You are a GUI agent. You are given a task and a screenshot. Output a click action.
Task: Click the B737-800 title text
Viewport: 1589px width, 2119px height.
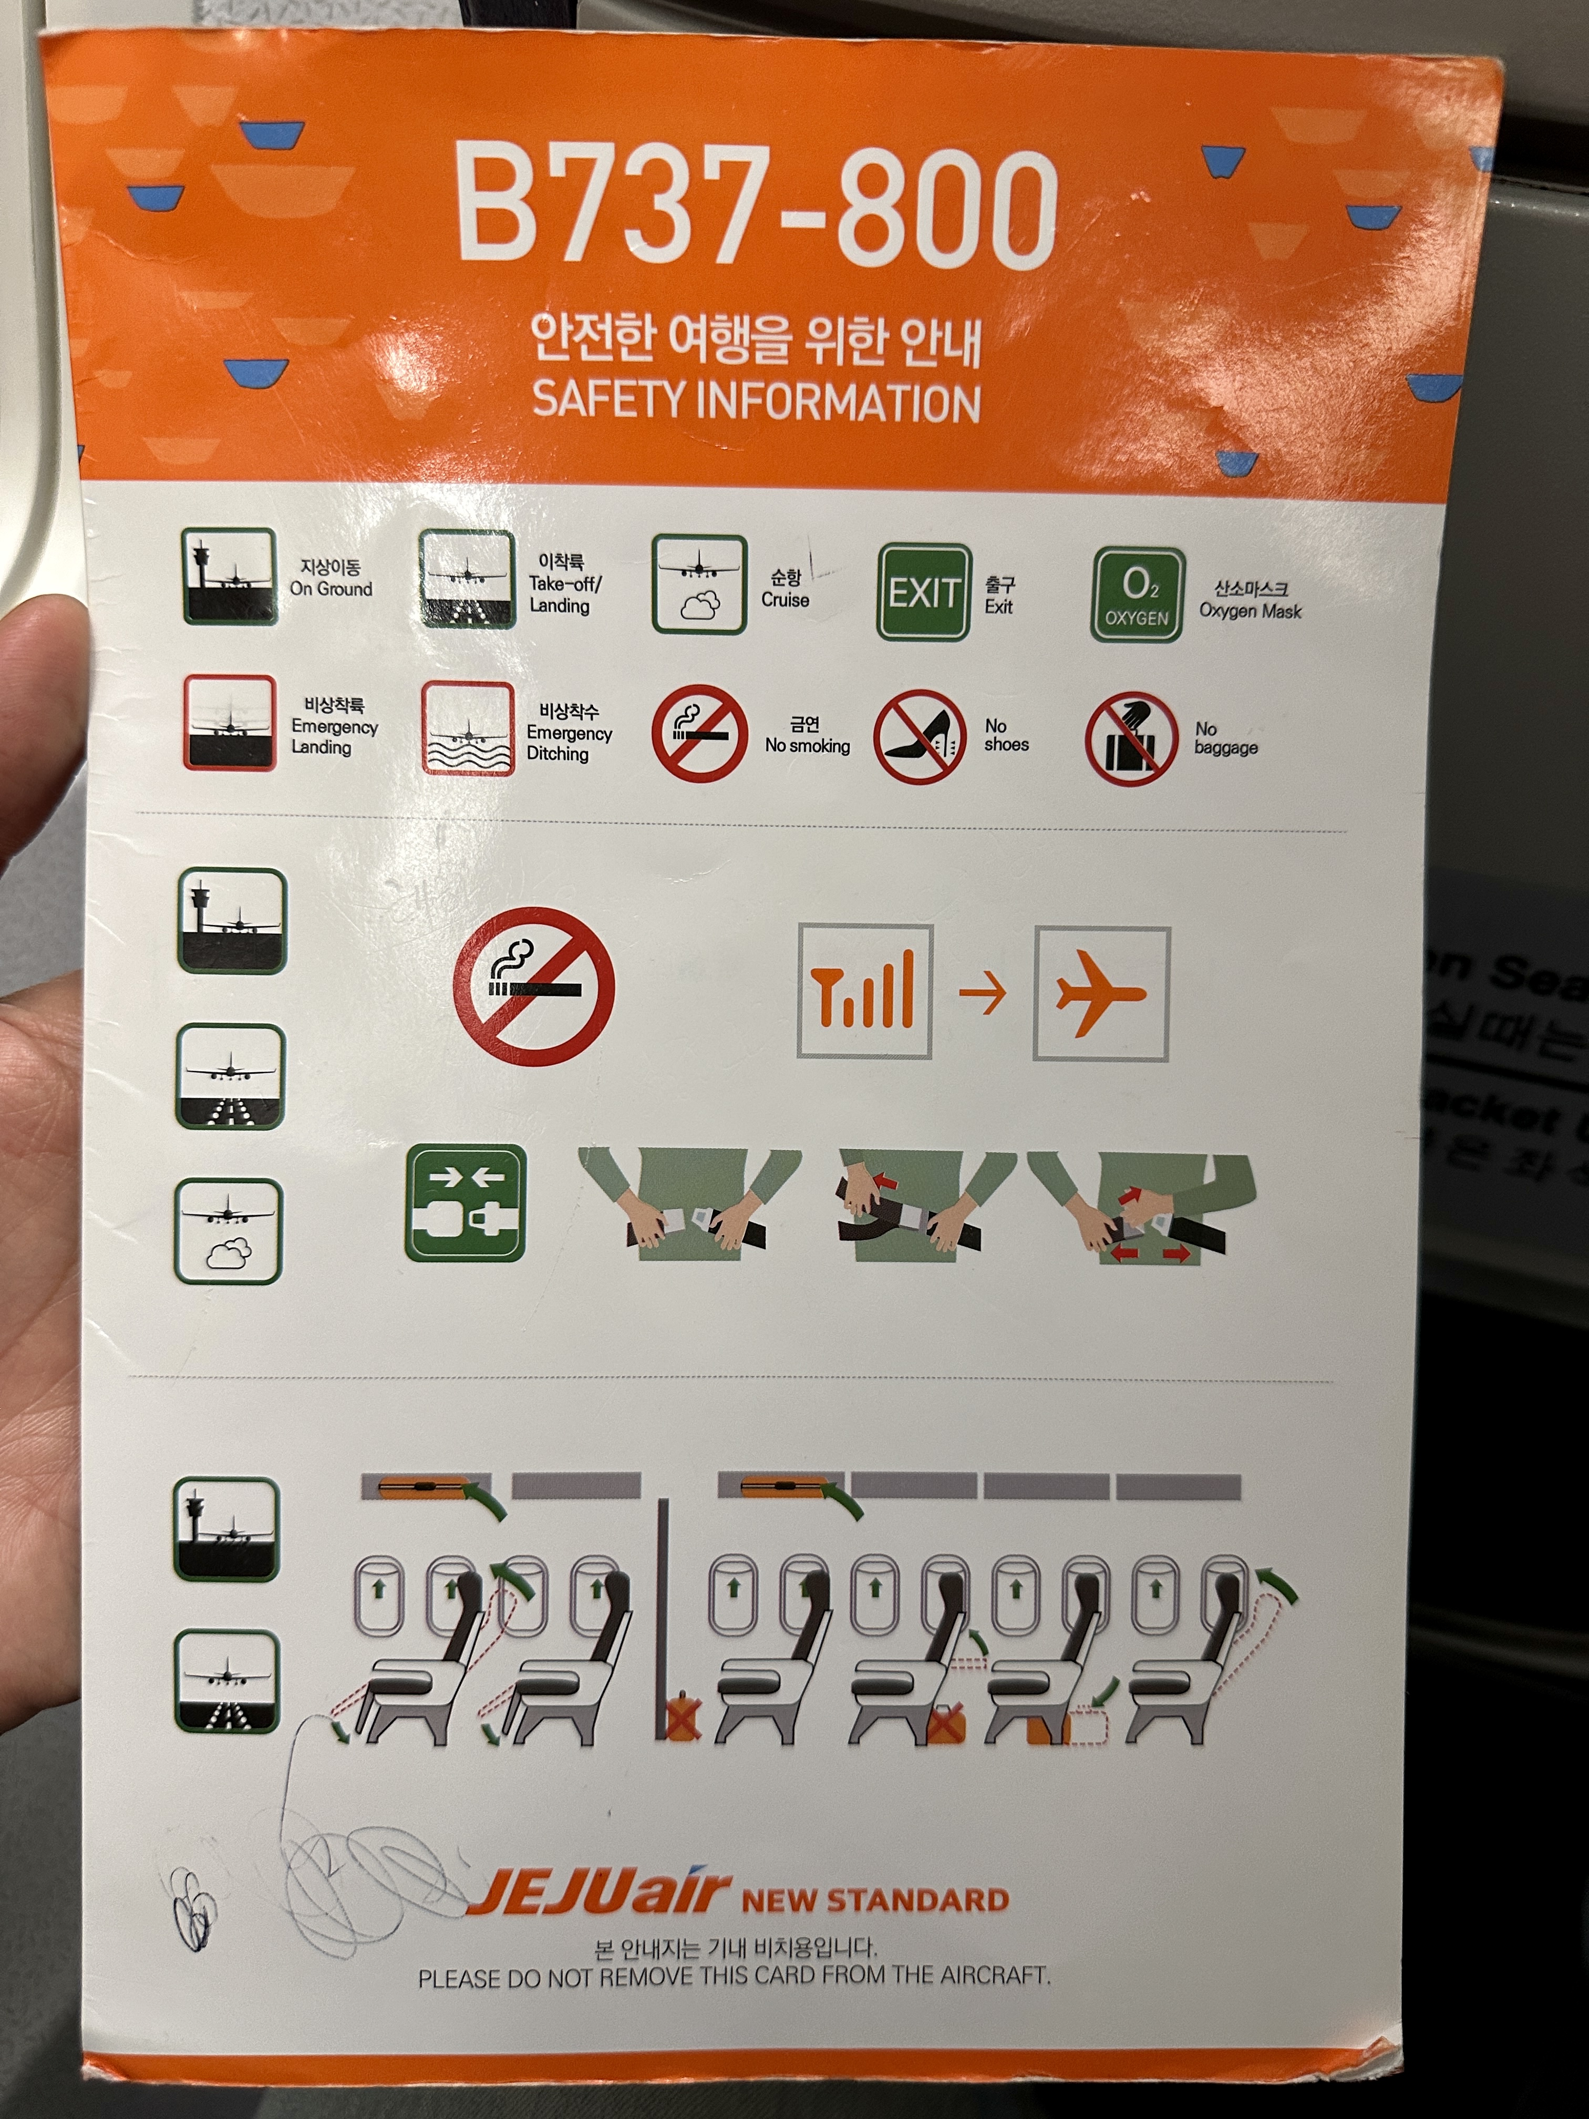[x=757, y=206]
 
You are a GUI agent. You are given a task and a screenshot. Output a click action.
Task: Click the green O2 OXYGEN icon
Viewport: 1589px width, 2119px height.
[x=1138, y=594]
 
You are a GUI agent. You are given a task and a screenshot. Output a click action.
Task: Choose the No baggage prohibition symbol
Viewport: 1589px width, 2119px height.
[x=1130, y=738]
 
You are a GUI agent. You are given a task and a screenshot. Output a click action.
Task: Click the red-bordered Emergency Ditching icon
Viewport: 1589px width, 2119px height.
[x=468, y=728]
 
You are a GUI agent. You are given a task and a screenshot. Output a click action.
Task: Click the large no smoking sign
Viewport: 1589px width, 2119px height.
[x=533, y=986]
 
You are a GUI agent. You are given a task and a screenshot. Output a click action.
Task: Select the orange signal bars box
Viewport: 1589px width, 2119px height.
[x=864, y=992]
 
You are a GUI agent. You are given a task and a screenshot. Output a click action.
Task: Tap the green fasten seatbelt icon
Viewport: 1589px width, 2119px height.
[x=466, y=1203]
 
